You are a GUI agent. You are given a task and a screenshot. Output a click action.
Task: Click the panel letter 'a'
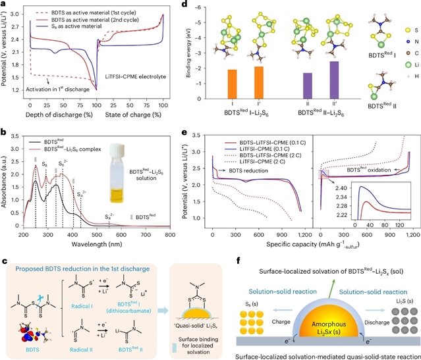coord(5,5)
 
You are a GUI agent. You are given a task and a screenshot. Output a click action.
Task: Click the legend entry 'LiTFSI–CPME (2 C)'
coord(273,153)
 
